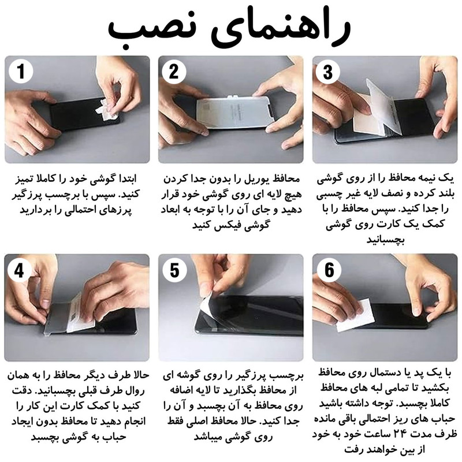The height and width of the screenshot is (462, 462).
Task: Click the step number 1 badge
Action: click(21, 72)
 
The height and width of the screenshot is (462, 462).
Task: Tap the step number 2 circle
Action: click(174, 72)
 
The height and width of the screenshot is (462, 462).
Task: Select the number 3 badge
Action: click(328, 72)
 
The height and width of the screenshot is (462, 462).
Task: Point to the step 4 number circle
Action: click(20, 270)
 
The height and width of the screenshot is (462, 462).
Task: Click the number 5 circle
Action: click(174, 270)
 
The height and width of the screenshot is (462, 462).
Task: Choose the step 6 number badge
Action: click(329, 270)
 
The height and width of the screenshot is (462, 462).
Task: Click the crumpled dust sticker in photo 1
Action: click(107, 110)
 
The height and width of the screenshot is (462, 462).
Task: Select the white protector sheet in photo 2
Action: click(234, 112)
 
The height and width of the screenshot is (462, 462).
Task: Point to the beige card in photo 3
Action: click(366, 115)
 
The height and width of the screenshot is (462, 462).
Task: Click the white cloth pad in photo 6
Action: click(356, 315)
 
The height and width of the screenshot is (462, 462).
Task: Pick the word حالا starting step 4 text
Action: click(140, 375)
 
